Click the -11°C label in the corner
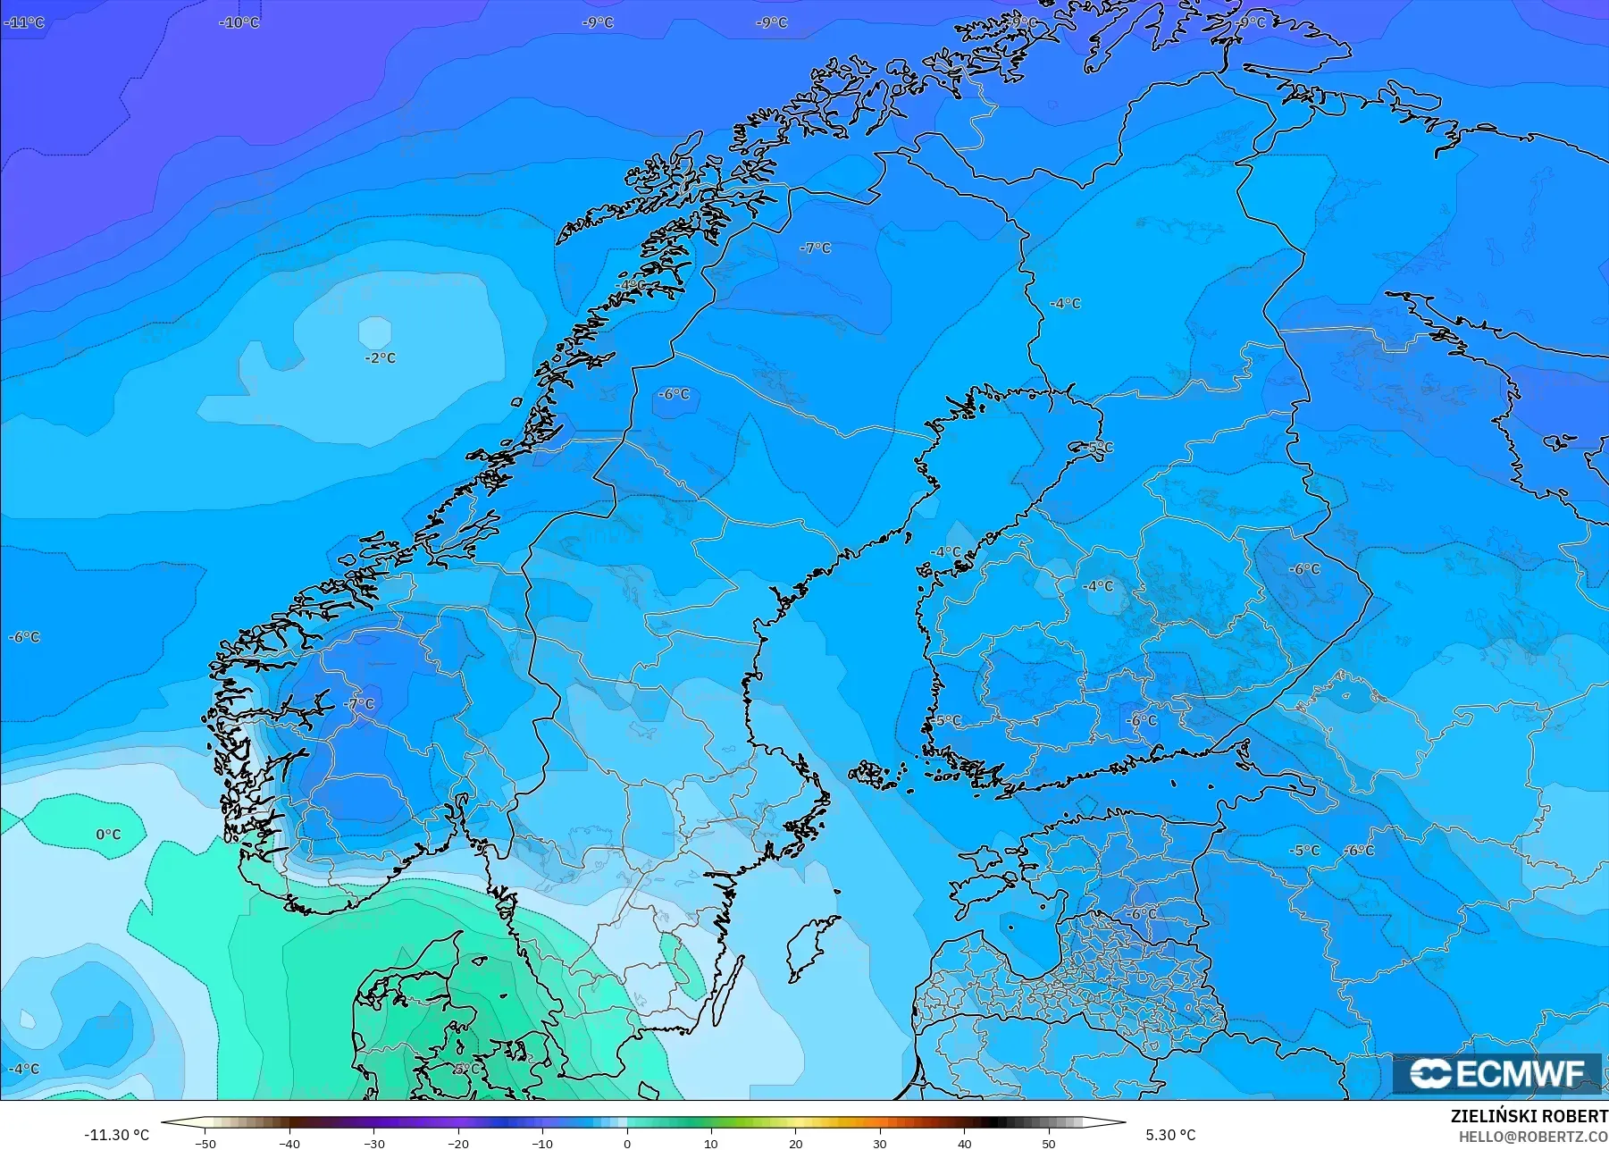[24, 22]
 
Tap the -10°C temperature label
[239, 22]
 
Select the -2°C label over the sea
[380, 357]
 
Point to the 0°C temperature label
[108, 835]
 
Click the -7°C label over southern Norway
[359, 704]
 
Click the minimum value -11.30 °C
[117, 1135]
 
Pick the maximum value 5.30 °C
[1170, 1135]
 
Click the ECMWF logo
[1496, 1074]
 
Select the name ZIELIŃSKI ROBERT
[1529, 1117]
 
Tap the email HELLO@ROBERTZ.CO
[1533, 1137]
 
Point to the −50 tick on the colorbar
[205, 1143]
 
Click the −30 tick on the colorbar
[374, 1143]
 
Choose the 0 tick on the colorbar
[627, 1143]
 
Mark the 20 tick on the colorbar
[795, 1143]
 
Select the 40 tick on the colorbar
[964, 1143]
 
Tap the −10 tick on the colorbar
[542, 1143]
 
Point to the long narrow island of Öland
[728, 992]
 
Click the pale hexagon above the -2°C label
[374, 332]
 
